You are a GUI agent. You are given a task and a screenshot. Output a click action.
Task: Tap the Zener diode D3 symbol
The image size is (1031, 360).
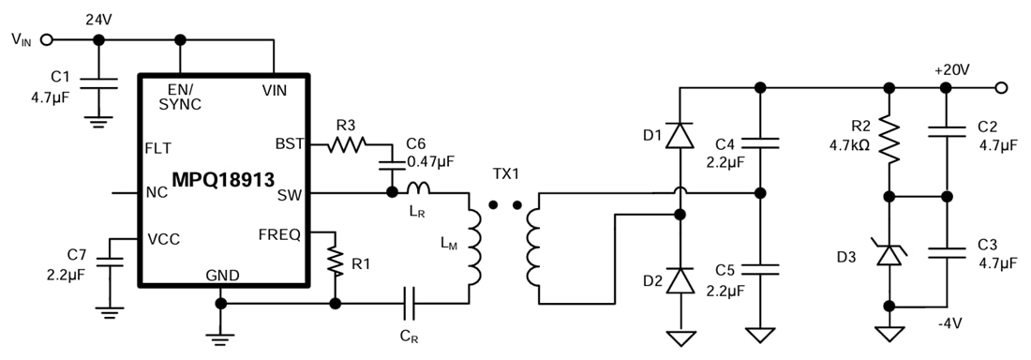[x=888, y=250]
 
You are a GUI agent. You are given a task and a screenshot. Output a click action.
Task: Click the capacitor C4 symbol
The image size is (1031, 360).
[x=759, y=142]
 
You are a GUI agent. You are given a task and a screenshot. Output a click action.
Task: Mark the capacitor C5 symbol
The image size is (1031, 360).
[x=759, y=269]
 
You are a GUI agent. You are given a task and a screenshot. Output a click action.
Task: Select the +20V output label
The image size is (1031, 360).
[x=951, y=71]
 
